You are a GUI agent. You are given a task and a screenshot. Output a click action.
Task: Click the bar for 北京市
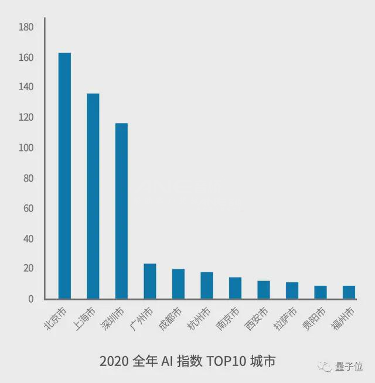(64, 176)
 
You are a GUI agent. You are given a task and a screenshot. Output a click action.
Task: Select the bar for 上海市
(93, 196)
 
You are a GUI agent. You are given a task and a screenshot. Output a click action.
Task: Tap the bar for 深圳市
(121, 211)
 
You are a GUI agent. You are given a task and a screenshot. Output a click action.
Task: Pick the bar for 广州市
(150, 281)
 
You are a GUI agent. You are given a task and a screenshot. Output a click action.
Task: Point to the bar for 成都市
(178, 284)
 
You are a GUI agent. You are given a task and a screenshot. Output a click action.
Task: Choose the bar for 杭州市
(207, 285)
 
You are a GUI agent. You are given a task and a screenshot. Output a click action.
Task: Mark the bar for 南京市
(235, 288)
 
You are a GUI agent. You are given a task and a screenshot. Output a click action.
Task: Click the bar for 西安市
(264, 289)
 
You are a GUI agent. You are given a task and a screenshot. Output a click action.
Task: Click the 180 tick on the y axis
(26, 28)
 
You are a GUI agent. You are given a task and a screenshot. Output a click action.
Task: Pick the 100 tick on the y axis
(26, 148)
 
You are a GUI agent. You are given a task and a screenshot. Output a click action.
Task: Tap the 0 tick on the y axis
(31, 299)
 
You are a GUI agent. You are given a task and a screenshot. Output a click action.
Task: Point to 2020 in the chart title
(112, 361)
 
